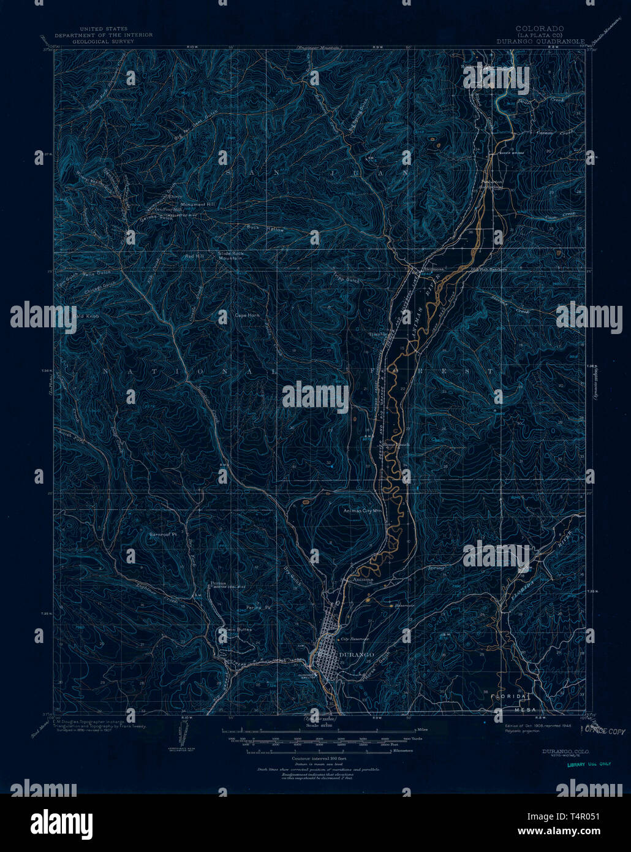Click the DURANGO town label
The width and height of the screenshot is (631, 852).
tap(356, 655)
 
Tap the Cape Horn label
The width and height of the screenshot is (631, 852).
tap(247, 315)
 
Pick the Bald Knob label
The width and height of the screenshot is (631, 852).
tap(86, 316)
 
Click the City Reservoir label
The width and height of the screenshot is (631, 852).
tap(355, 639)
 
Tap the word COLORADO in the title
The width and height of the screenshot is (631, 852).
tap(540, 29)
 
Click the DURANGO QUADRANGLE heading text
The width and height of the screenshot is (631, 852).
tap(540, 42)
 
